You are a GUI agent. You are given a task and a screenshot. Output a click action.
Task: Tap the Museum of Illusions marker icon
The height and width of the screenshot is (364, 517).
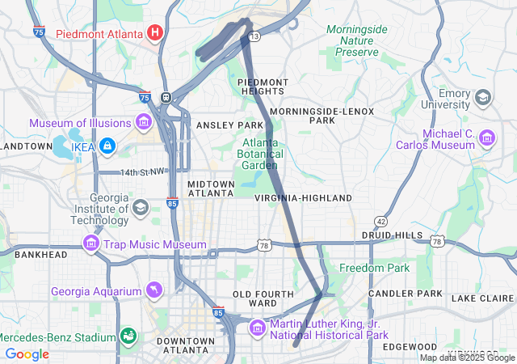[x=144, y=123]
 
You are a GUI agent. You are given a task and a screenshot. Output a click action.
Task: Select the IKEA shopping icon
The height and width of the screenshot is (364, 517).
[x=107, y=146]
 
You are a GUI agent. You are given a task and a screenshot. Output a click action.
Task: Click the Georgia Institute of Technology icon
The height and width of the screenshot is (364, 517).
[x=140, y=208]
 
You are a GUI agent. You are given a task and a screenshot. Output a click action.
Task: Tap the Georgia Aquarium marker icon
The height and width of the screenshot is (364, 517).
[x=153, y=290]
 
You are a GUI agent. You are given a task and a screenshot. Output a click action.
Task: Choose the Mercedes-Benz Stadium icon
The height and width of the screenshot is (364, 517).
[x=127, y=336]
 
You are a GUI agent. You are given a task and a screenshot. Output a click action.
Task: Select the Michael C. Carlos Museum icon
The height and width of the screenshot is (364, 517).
[x=487, y=138]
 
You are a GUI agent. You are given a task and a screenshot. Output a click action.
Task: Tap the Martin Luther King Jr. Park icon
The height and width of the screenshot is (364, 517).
[x=258, y=328]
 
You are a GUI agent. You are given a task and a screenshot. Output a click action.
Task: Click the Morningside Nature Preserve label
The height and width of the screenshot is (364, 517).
[x=355, y=40]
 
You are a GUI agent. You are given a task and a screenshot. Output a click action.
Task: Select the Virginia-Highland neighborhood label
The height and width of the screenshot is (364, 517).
[x=303, y=197]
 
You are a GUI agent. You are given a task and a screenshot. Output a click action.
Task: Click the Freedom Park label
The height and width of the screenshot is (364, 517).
[x=375, y=268]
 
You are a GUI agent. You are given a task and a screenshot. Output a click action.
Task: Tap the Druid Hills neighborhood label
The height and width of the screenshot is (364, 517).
[x=392, y=235]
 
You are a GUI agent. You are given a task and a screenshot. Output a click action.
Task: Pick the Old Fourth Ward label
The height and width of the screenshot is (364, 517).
[x=255, y=298]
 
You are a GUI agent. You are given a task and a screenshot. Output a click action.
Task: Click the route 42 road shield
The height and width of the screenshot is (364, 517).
[x=380, y=221]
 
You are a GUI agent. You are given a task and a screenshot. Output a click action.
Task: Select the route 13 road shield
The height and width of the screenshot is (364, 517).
[x=254, y=36]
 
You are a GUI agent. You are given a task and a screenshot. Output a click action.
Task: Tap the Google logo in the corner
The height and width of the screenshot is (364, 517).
[x=27, y=354]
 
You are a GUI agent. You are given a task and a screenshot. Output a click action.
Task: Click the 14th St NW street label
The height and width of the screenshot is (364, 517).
[x=142, y=171]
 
